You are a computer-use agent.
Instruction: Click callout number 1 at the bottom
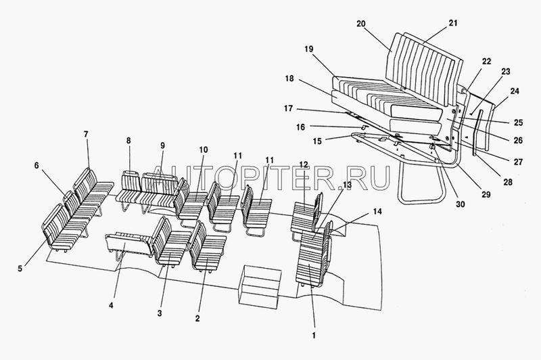312,332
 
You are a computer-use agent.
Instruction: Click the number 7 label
86,135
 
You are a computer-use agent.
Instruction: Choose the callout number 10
204,149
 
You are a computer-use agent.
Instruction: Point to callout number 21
452,23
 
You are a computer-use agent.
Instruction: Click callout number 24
516,90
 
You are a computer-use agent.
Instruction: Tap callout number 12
304,165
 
